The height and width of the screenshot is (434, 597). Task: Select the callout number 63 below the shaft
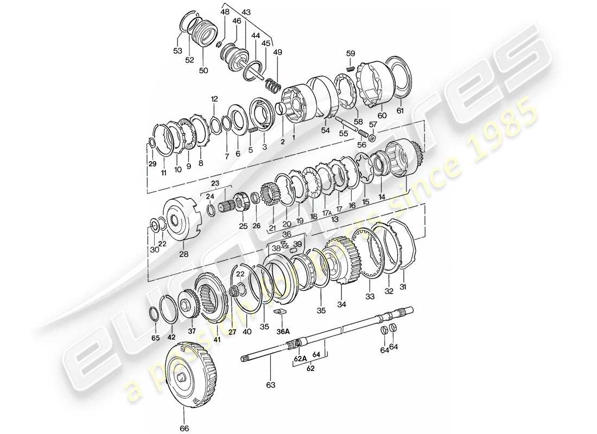click(x=270, y=385)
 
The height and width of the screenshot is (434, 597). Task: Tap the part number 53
click(x=177, y=51)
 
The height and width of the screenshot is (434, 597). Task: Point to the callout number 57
click(x=372, y=125)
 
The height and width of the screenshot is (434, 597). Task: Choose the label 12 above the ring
click(x=214, y=99)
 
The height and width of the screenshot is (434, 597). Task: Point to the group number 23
click(x=215, y=183)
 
